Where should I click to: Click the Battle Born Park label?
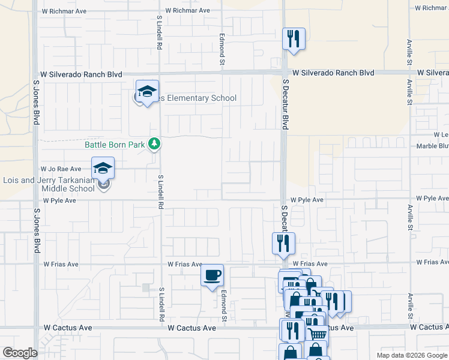tap(115, 145)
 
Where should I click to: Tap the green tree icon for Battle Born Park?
tap(154, 144)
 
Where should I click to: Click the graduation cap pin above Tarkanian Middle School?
tap(103, 169)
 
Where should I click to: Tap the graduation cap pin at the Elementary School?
tap(147, 92)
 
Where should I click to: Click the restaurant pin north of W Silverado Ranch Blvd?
tap(294, 40)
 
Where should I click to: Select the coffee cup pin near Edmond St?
tap(212, 275)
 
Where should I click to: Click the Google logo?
tap(20, 353)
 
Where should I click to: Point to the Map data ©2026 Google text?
tap(412, 355)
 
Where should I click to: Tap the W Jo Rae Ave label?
tap(61, 169)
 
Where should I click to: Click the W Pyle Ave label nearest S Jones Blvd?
tap(59, 200)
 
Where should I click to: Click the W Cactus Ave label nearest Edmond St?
tap(191, 328)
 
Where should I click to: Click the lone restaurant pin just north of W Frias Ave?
tap(283, 244)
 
